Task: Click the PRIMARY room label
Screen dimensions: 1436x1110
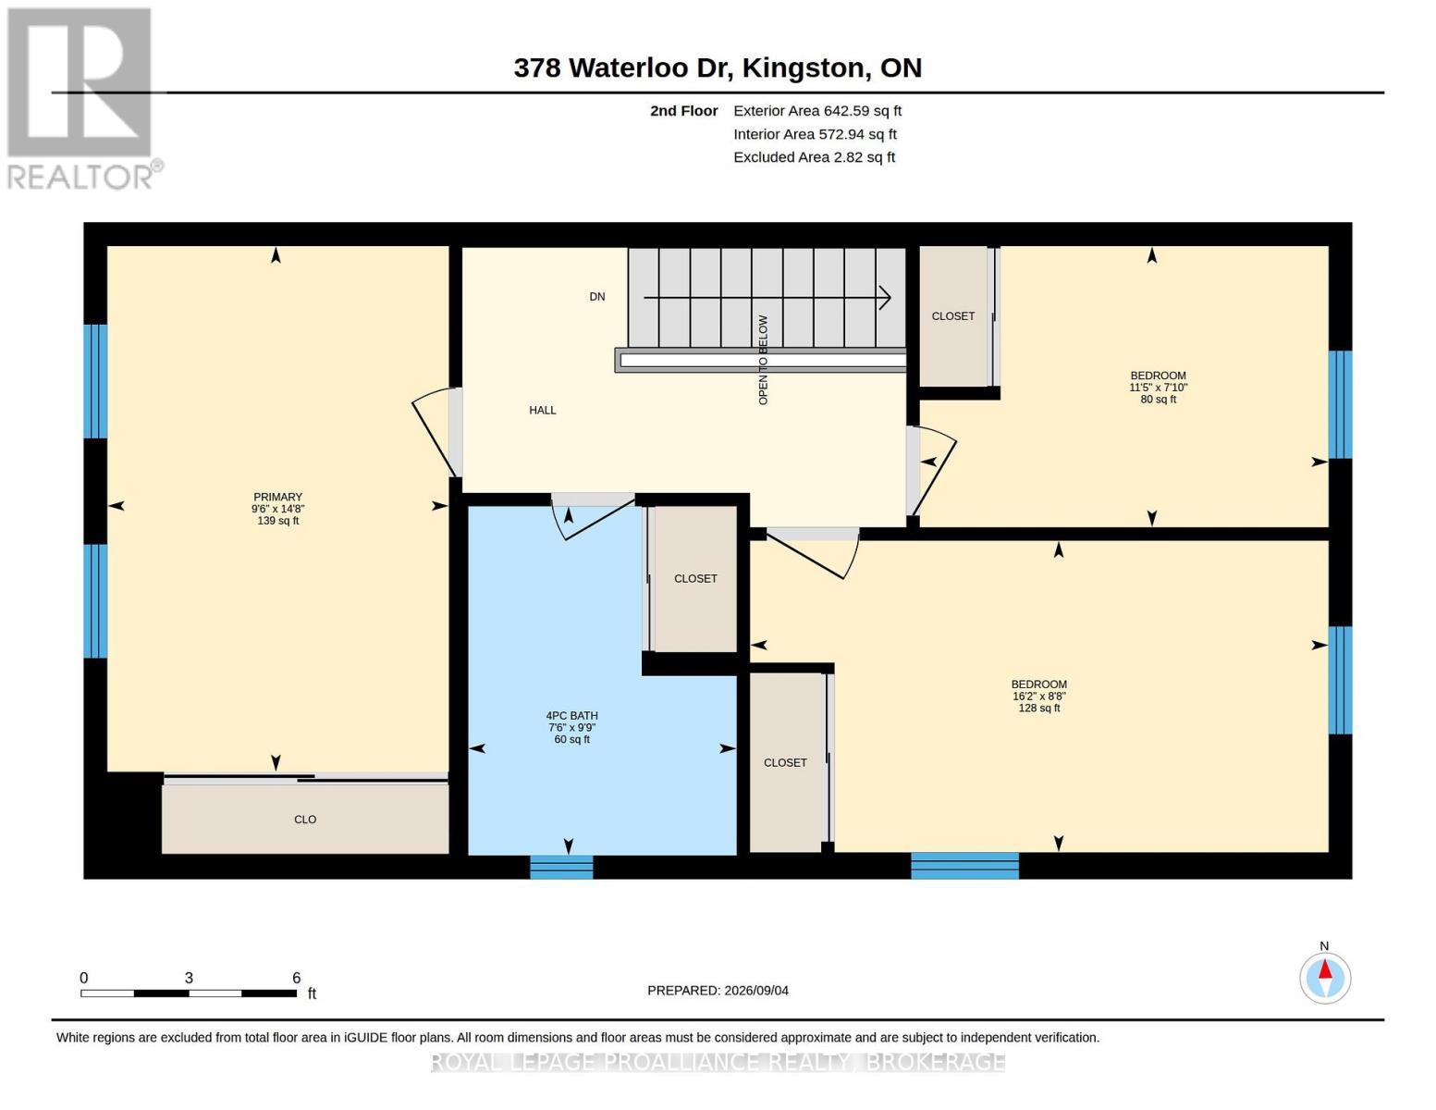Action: pyautogui.click(x=277, y=497)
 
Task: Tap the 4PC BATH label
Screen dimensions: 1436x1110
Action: pyautogui.click(x=571, y=715)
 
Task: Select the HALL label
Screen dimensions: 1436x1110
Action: pyautogui.click(x=542, y=410)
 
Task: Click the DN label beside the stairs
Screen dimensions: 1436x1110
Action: pyautogui.click(x=596, y=296)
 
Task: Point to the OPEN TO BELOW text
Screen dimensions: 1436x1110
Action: pyautogui.click(x=763, y=360)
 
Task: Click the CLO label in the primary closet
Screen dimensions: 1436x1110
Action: pyautogui.click(x=304, y=820)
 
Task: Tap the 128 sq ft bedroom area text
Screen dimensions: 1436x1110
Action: pyautogui.click(x=1038, y=708)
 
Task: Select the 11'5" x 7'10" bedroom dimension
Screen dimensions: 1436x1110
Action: pyautogui.click(x=1158, y=388)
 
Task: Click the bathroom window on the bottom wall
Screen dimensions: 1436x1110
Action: pyautogui.click(x=561, y=867)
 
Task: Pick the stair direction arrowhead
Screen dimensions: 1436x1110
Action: pyautogui.click(x=885, y=298)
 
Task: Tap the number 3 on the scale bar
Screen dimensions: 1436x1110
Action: pyautogui.click(x=189, y=978)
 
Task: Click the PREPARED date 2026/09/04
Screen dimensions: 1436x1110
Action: pyautogui.click(x=756, y=991)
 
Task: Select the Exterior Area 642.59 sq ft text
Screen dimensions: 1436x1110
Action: pyautogui.click(x=816, y=111)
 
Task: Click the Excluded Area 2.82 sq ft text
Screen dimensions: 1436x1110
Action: pyautogui.click(x=814, y=157)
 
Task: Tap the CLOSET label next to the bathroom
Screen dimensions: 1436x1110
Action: pyautogui.click(x=695, y=578)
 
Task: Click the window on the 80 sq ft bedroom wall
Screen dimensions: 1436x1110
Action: pyautogui.click(x=1340, y=404)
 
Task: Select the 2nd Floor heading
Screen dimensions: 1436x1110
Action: pyautogui.click(x=683, y=111)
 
